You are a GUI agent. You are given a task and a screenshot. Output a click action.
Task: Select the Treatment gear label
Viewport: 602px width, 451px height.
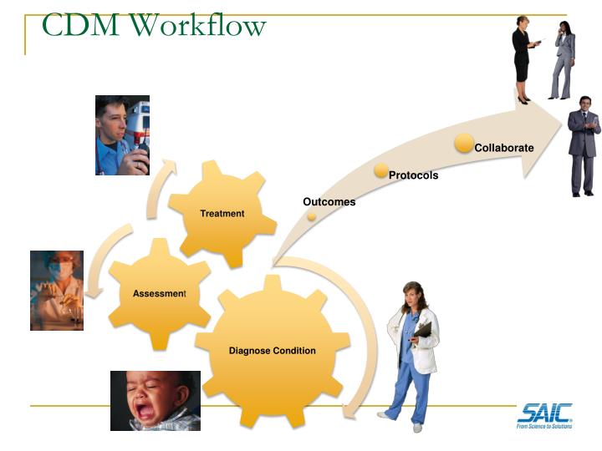[x=222, y=213]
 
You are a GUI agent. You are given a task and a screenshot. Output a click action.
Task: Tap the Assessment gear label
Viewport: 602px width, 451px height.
[x=159, y=294]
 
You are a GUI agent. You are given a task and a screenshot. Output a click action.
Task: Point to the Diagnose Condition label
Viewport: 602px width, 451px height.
[x=273, y=350]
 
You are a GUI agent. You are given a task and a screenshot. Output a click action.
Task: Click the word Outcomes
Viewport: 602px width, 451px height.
[x=329, y=202]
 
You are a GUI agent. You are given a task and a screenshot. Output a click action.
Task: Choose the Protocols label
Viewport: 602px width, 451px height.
[x=413, y=175]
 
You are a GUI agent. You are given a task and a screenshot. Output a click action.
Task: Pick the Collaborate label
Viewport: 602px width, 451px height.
[x=504, y=148]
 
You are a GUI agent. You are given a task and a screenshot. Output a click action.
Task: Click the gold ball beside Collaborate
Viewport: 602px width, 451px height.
[x=464, y=143]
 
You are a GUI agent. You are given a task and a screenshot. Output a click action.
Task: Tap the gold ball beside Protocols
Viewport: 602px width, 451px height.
[x=381, y=170]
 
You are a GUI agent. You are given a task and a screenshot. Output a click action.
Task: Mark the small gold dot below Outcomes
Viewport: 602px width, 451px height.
[x=312, y=215]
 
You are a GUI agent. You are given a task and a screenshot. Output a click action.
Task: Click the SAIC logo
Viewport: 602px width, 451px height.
[x=544, y=414]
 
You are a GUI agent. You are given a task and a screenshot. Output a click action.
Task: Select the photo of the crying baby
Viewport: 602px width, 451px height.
[x=156, y=400]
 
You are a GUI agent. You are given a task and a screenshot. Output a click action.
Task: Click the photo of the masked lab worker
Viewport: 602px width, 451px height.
[x=57, y=290]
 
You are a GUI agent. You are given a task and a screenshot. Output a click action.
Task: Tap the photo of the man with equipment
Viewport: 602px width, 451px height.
[x=122, y=135]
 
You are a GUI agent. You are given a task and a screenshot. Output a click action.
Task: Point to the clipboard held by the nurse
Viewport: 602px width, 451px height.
[x=422, y=329]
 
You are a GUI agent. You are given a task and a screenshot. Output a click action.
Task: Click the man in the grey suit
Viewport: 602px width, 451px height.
[x=584, y=150]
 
